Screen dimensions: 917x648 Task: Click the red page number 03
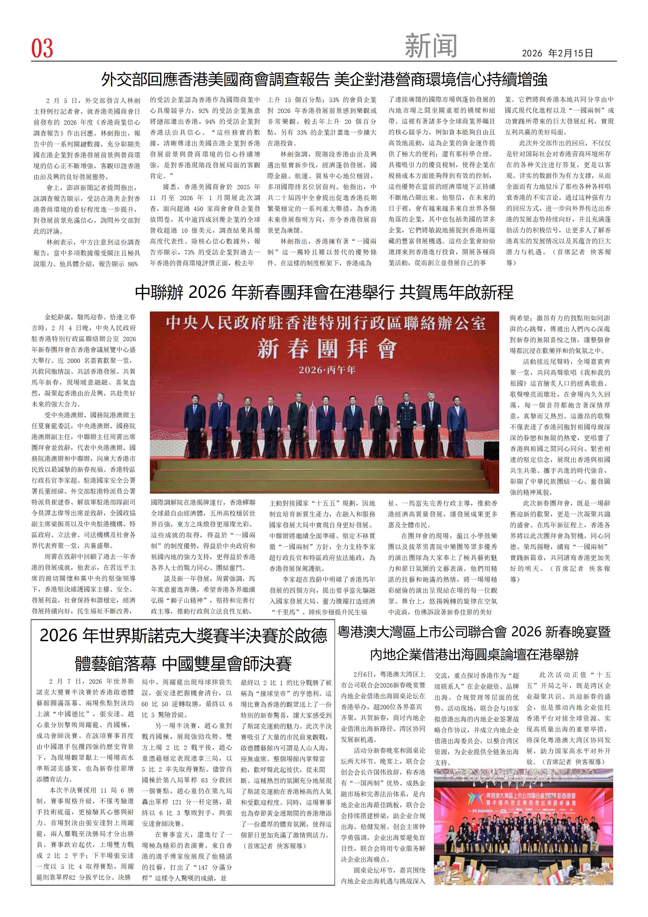click(42, 48)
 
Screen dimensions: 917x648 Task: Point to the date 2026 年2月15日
click(557, 53)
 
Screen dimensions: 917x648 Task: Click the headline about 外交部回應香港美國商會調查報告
click(324, 80)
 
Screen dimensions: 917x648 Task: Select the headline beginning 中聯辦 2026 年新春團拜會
click(324, 292)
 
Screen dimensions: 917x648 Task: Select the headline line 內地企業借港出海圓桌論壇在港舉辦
click(474, 655)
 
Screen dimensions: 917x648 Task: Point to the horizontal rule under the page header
click(324, 61)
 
